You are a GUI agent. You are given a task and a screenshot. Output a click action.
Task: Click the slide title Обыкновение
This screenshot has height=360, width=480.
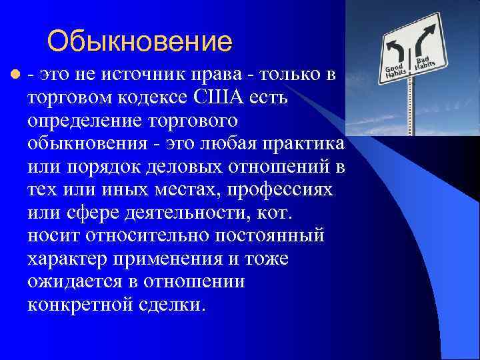pos(139,41)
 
